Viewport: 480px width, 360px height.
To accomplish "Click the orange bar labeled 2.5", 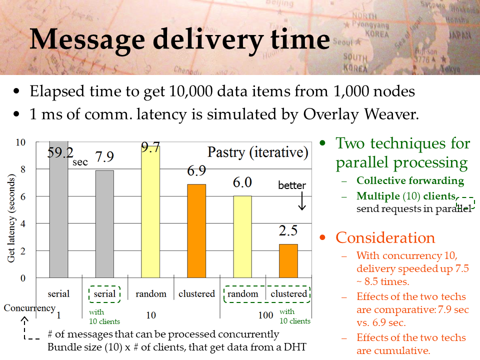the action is (x=288, y=261).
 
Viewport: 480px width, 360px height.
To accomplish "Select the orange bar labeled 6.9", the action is (x=196, y=231).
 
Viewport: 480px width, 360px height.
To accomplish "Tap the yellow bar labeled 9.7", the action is (x=150, y=212).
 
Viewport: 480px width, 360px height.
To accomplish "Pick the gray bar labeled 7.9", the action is (x=104, y=224).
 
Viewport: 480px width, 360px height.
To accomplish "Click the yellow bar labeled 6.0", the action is (x=242, y=237).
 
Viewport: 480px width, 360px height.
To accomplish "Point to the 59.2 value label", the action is (x=60, y=152).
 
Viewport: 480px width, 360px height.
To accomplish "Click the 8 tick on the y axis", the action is (x=22, y=169).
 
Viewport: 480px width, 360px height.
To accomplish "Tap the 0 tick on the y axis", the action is (x=22, y=278).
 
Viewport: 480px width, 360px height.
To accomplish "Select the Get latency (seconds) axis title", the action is (x=11, y=218).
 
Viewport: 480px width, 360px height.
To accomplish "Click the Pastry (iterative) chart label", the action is (x=258, y=152).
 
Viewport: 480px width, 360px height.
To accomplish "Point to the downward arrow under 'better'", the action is (x=302, y=201).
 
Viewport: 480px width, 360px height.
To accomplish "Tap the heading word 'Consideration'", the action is (x=385, y=237).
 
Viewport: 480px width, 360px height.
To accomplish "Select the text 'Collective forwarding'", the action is (x=410, y=180).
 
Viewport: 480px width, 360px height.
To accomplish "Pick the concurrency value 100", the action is (x=265, y=315).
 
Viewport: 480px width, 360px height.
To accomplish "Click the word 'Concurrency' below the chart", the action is (x=29, y=308).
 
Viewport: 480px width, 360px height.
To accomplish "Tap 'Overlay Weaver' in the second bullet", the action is (x=360, y=114).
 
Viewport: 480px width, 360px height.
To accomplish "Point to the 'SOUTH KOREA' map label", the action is (x=355, y=62).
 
